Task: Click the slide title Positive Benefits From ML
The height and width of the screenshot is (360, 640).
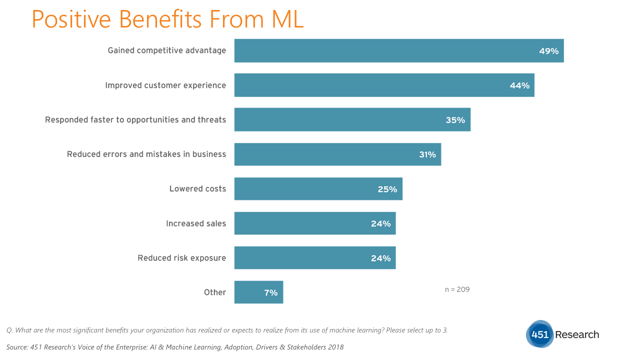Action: pyautogui.click(x=167, y=19)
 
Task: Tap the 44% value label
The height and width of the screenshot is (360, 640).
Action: pyautogui.click(x=519, y=85)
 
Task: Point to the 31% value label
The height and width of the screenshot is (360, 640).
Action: pyautogui.click(x=427, y=154)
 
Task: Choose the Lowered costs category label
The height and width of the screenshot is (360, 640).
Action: pyautogui.click(x=197, y=189)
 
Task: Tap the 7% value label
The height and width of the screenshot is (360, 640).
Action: pyautogui.click(x=270, y=292)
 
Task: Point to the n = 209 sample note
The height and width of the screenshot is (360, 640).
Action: pyautogui.click(x=457, y=289)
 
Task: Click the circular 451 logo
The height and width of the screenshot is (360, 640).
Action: pyautogui.click(x=540, y=334)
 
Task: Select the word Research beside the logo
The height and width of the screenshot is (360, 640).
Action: pyautogui.click(x=576, y=334)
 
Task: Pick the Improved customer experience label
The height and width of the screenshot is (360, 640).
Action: pyautogui.click(x=165, y=85)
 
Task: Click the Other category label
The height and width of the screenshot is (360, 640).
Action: pyautogui.click(x=215, y=292)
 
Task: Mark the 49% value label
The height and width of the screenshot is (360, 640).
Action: pyautogui.click(x=548, y=51)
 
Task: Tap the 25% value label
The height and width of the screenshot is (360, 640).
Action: pyautogui.click(x=387, y=189)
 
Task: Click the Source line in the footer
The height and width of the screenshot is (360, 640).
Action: pyautogui.click(x=175, y=347)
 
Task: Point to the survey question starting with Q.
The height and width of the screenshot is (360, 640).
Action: pyautogui.click(x=227, y=330)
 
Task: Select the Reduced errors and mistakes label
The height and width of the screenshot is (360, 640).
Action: pyautogui.click(x=146, y=154)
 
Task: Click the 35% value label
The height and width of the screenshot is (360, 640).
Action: pyautogui.click(x=455, y=120)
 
